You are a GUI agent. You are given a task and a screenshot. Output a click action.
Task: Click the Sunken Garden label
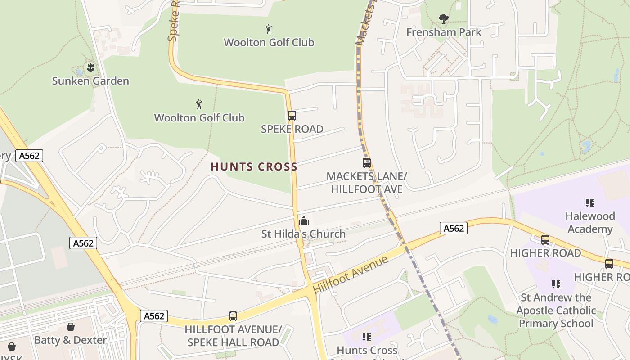point(90,81)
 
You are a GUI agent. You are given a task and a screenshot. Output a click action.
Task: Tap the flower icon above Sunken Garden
point(90,67)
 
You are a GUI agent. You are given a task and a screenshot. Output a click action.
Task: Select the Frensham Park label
point(444,32)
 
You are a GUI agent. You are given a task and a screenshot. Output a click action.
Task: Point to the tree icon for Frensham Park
point(444,19)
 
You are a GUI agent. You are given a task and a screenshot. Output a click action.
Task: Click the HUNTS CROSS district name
point(254,167)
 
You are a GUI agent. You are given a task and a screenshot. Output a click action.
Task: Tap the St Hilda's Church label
point(303,234)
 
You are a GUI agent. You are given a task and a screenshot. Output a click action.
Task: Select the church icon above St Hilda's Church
point(304,220)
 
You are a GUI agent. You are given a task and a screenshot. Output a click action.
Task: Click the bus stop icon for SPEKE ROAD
point(292,116)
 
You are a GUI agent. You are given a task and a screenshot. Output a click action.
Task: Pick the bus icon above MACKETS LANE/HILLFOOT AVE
point(367,163)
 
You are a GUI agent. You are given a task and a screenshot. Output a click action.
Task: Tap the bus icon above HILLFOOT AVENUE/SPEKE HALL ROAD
point(233,316)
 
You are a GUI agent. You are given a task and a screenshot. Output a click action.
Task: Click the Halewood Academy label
point(590,223)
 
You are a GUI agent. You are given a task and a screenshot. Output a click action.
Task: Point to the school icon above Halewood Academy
point(589,203)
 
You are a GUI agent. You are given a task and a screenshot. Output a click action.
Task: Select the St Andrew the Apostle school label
point(556,310)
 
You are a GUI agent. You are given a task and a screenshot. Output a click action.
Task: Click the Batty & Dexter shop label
point(71,340)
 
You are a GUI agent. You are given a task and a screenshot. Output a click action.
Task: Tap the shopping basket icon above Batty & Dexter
point(71,326)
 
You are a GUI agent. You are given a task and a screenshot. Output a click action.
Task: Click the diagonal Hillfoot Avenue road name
point(351,275)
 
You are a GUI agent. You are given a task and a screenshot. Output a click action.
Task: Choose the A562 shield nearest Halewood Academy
point(454,228)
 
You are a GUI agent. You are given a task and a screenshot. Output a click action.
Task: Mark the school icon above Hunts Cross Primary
point(367,337)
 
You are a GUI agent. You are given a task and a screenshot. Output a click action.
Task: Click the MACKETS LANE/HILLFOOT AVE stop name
point(367,183)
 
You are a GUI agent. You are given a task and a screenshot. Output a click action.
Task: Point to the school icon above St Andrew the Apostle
point(556,284)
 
